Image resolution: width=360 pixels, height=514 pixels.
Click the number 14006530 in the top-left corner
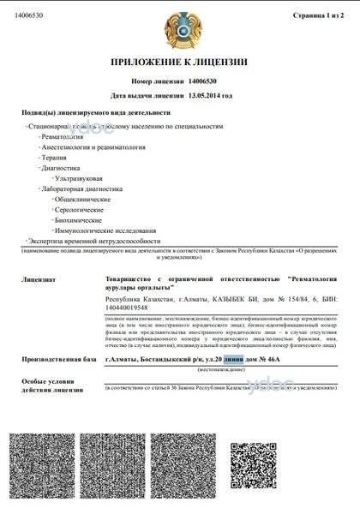tap(29, 15)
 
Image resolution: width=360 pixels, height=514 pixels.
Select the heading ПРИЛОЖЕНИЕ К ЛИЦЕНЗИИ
tap(179, 63)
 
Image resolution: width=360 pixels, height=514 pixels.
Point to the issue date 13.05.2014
tap(209, 95)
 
